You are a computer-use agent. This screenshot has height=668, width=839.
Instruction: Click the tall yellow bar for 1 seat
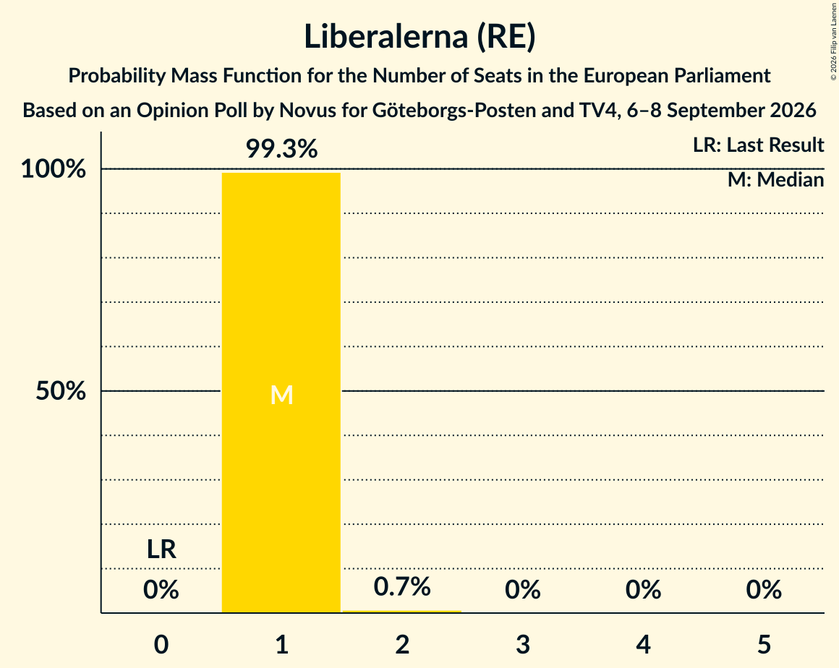tap(281, 393)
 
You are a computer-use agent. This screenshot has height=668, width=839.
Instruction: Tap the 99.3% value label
tap(281, 149)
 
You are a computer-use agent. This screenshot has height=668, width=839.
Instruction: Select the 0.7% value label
tap(402, 587)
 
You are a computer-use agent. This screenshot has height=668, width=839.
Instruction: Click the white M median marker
tap(281, 395)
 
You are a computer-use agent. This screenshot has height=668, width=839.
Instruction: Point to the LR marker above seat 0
tap(161, 549)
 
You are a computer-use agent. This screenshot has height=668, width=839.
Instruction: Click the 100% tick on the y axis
tap(54, 169)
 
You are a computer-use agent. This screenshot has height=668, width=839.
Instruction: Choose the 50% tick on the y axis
tap(61, 391)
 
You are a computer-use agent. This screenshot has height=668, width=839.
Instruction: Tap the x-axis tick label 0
tap(161, 644)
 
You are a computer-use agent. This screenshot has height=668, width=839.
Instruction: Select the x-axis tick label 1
tap(282, 644)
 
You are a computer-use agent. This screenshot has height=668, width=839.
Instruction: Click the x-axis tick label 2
tap(402, 644)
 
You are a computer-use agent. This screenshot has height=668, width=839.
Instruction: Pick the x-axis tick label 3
tap(523, 644)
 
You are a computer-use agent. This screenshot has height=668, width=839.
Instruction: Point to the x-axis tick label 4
tap(644, 644)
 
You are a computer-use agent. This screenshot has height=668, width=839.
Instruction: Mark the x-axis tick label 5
tap(764, 644)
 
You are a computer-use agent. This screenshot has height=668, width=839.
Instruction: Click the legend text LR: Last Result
tap(758, 145)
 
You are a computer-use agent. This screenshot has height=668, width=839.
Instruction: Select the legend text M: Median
tap(776, 180)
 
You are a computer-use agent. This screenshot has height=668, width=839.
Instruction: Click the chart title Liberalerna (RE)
tap(419, 36)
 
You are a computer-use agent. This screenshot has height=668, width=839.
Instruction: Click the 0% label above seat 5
tap(764, 590)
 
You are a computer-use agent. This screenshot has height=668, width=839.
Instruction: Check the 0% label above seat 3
tap(523, 590)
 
